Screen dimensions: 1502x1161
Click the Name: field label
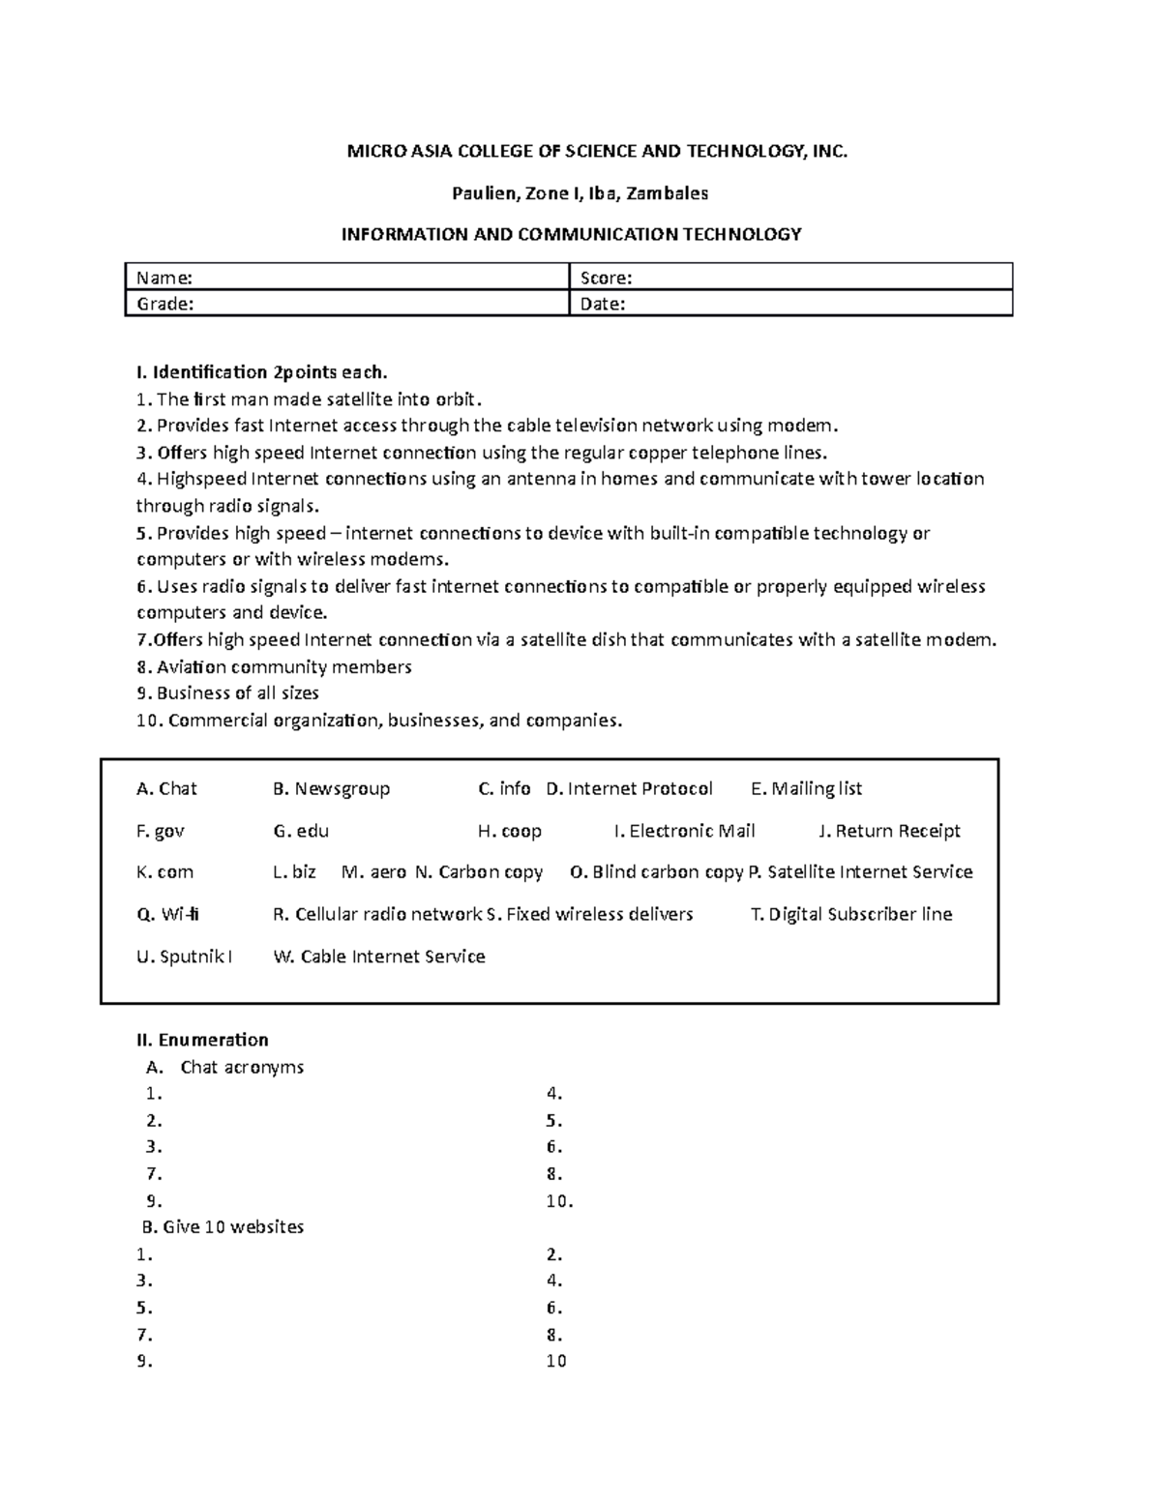coord(164,278)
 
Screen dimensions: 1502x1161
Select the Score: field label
coord(606,278)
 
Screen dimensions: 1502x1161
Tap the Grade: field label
coord(165,304)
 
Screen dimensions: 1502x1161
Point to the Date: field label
coord(603,304)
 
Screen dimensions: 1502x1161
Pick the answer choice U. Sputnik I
coord(185,957)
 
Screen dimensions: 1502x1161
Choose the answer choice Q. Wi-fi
coord(168,914)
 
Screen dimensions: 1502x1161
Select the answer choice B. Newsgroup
coord(332,789)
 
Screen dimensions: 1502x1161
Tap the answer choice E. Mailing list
coord(807,789)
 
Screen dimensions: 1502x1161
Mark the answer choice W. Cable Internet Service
coord(379,957)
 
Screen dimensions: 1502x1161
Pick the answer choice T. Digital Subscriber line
coord(851,914)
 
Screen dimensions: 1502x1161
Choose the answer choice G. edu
coord(302,831)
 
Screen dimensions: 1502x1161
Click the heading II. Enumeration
coord(203,1040)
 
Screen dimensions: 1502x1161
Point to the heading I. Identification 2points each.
coord(262,372)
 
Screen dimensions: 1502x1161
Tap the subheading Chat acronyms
coord(242,1067)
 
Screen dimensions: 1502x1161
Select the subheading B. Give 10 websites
coord(223,1226)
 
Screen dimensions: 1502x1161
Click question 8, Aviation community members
coord(275,666)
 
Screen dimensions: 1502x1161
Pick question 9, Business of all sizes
coord(228,692)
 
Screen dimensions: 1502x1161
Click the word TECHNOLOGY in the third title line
coord(742,234)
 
